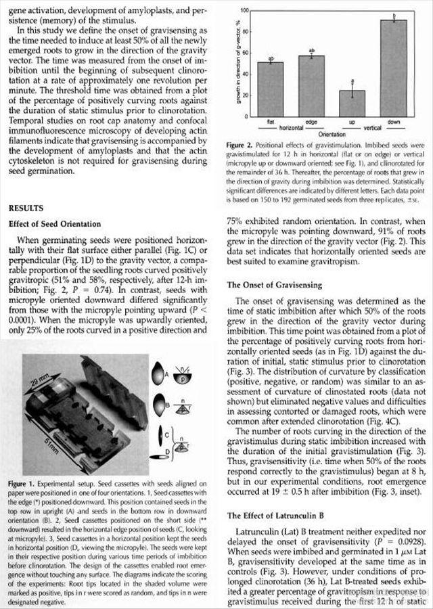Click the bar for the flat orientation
271,87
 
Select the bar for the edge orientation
312,85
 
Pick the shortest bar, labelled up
352,102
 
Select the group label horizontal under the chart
290,127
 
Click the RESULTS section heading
26,208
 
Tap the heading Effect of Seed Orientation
55,224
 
